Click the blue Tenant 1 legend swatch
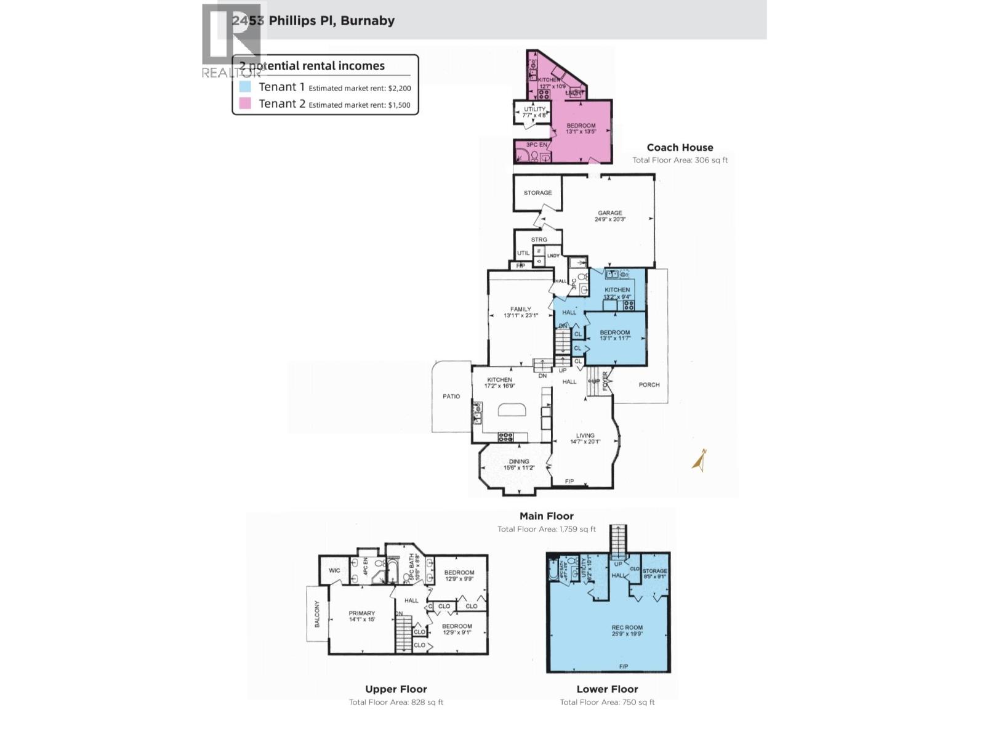tap(245, 87)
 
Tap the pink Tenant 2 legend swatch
tap(245, 103)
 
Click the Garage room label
tap(609, 213)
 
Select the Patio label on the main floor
tap(451, 397)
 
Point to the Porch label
tap(649, 385)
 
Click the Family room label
tap(520, 310)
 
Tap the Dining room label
tap(519, 462)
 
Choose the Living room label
tap(585, 436)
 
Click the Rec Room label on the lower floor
tap(627, 628)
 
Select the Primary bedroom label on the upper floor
tap(361, 613)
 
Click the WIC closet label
tap(334, 571)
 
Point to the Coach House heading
tap(680, 148)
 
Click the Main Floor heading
tap(546, 517)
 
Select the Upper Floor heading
tap(396, 690)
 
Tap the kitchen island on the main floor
tap(512, 410)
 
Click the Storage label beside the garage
tap(537, 193)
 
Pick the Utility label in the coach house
tap(534, 109)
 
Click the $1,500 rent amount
tap(399, 105)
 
